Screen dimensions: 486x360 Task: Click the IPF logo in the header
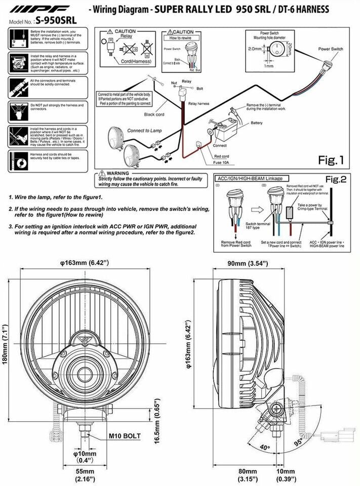tap(37, 10)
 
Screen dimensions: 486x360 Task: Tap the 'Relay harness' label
tap(198, 103)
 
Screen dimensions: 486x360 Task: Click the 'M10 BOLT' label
tap(124, 436)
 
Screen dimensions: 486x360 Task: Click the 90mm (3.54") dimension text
tap(247, 263)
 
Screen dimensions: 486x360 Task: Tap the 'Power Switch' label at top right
tap(331, 49)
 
